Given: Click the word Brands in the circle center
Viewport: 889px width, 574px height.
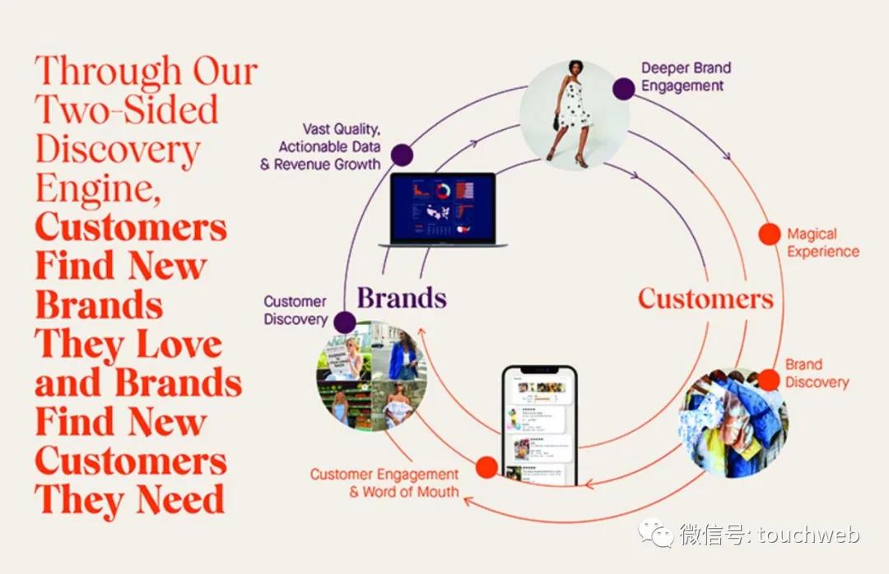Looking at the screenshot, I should (401, 297).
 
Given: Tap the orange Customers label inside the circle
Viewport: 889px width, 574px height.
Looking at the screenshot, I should (705, 298).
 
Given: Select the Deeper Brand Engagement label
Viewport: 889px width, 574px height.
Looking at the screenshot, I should (686, 76).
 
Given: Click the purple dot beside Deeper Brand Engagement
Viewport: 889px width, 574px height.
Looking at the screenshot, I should (624, 89).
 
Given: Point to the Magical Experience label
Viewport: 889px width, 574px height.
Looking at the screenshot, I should (822, 243).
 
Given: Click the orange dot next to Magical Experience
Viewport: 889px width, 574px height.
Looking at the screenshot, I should (769, 234).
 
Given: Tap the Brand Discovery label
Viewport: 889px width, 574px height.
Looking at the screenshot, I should (816, 373).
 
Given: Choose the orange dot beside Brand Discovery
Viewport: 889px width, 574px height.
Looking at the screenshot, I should (768, 379).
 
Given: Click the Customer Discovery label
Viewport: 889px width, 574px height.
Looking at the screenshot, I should (295, 310).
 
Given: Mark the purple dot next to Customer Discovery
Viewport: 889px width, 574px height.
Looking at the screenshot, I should (345, 322).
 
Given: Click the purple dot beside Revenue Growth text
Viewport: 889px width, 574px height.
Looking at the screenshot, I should (402, 155).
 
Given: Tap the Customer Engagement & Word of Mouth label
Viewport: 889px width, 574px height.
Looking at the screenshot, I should (384, 483).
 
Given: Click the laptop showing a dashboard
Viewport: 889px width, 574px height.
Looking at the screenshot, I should (443, 211).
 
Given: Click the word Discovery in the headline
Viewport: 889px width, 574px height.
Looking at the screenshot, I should (118, 150).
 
